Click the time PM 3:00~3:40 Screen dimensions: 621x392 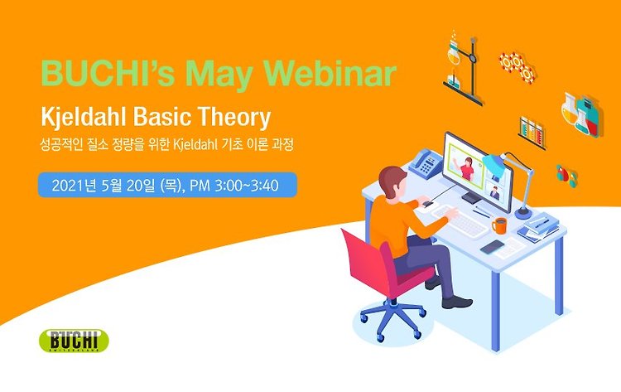[x=234, y=185]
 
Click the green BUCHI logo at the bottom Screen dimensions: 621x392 [x=74, y=341]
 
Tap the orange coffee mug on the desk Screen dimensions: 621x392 [x=499, y=225]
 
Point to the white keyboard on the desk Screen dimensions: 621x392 [x=461, y=222]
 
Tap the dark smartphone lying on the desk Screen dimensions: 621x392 [x=493, y=246]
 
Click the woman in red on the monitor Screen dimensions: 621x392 [x=466, y=168]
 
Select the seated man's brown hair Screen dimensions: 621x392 [x=392, y=179]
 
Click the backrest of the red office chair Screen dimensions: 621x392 [x=366, y=263]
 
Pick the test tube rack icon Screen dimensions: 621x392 [x=532, y=133]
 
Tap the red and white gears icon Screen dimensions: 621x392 [x=517, y=66]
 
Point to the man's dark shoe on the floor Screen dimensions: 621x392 [x=457, y=302]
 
